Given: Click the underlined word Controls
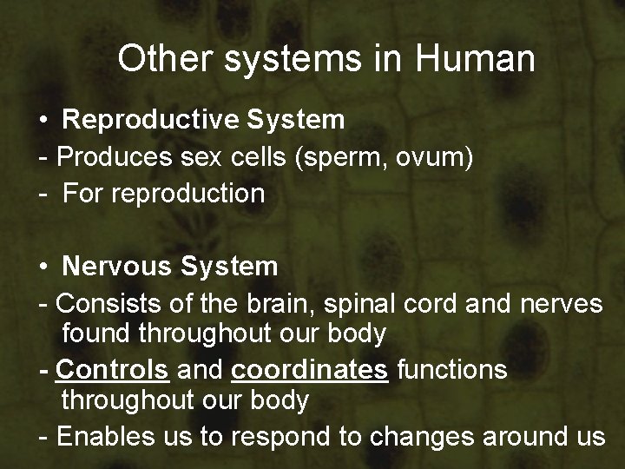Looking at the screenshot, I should tap(112, 369).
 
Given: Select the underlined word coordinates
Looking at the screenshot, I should tap(310, 369).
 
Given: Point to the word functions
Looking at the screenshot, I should tap(452, 369).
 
